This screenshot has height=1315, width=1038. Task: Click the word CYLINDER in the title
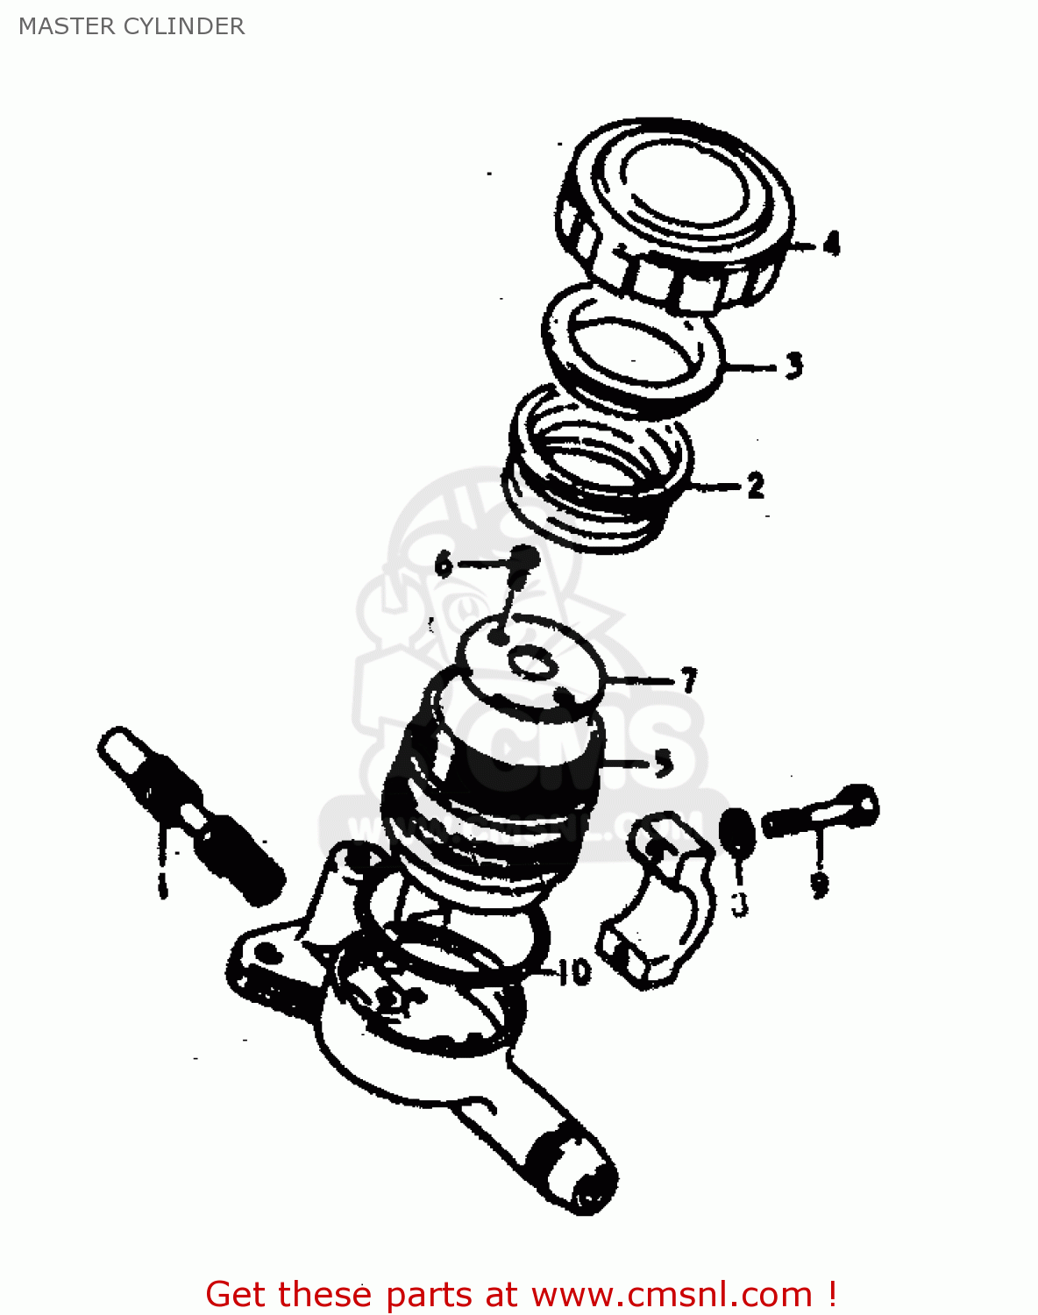click(184, 26)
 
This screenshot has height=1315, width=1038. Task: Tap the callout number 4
click(830, 243)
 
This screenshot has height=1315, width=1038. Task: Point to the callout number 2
click(755, 485)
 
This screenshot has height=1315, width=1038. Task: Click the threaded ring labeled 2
click(596, 473)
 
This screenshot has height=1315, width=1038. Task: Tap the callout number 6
click(444, 564)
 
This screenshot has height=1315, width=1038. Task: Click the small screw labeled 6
click(522, 561)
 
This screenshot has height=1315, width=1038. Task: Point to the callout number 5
click(664, 763)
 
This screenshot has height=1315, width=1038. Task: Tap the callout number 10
click(573, 971)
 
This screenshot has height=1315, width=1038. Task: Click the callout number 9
click(820, 884)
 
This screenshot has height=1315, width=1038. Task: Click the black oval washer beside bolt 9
click(736, 833)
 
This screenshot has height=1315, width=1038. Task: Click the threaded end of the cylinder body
click(583, 1175)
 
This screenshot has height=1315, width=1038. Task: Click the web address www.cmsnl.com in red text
click(672, 1294)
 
